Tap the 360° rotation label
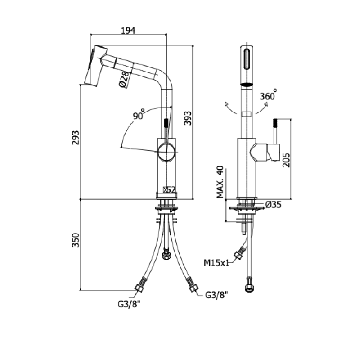[269, 95]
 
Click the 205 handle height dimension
[287, 159]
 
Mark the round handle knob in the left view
[166, 152]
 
